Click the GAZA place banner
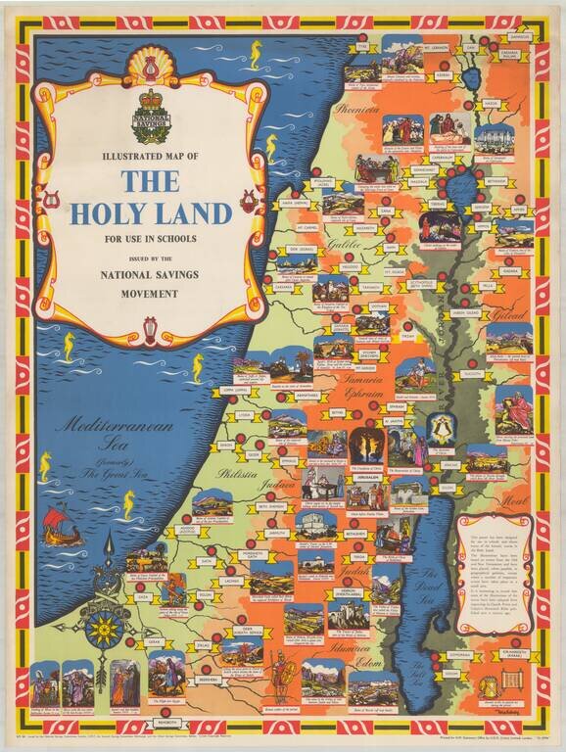144,595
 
